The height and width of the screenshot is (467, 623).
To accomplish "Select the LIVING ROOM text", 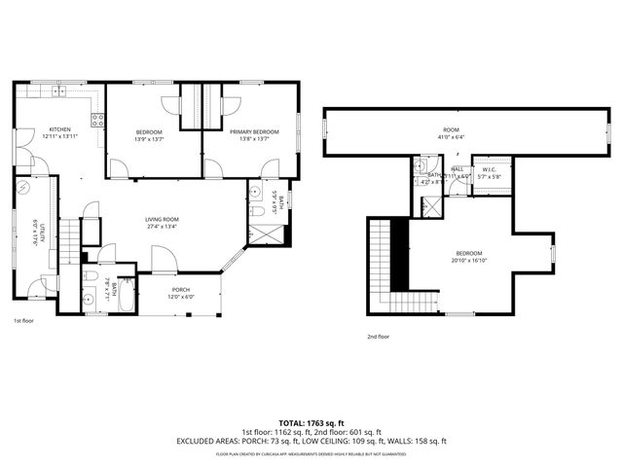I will click(x=165, y=220).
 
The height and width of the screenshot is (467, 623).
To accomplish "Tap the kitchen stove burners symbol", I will click(x=97, y=121).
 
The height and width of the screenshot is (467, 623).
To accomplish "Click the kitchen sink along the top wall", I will click(x=58, y=92).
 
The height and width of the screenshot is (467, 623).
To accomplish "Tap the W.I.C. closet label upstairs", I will click(x=490, y=170).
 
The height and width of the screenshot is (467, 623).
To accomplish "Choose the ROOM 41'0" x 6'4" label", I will click(x=451, y=129).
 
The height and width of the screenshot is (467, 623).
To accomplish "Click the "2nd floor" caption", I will click(x=378, y=337).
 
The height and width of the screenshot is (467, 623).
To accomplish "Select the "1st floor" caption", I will click(x=24, y=319).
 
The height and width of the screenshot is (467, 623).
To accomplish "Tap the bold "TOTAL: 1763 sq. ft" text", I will click(x=311, y=422).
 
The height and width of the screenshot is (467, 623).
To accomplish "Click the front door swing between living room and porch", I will click(x=164, y=258).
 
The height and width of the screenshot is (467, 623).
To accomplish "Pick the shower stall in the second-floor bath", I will click(x=429, y=206).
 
